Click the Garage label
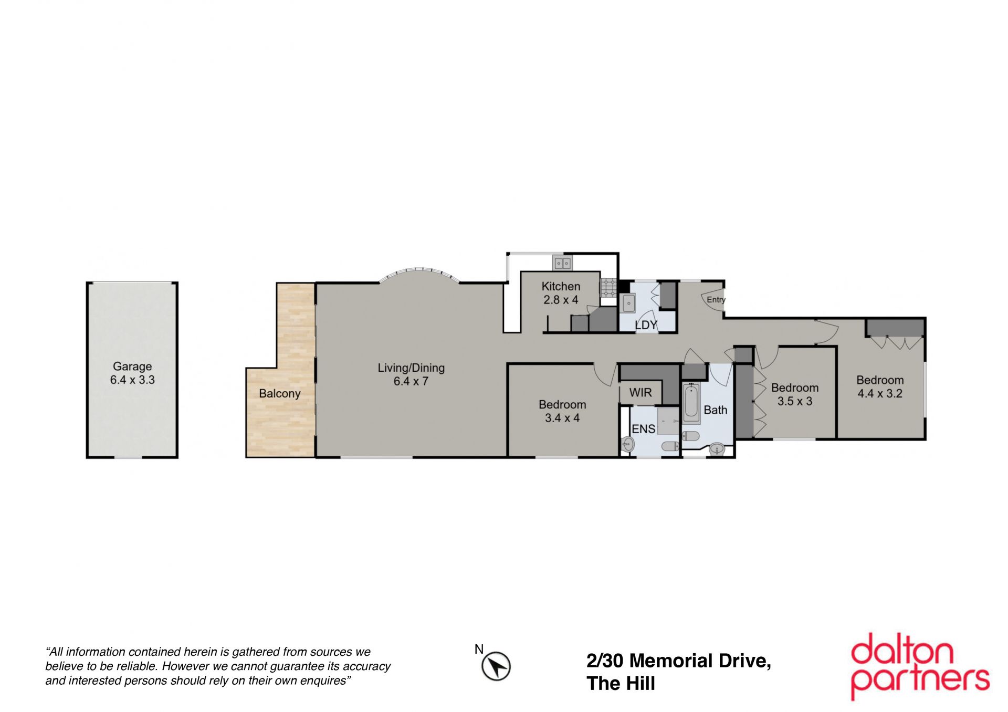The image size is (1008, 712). click(132, 367)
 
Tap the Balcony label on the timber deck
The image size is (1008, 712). click(279, 394)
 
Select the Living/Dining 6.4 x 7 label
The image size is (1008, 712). click(411, 374)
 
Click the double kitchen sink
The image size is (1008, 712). click(562, 263)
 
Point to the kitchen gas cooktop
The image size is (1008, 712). click(608, 288)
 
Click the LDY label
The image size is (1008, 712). click(646, 325)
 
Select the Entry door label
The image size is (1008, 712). click(716, 300)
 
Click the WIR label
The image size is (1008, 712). click(640, 392)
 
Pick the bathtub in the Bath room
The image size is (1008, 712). click(691, 403)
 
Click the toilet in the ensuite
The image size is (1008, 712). click(670, 446)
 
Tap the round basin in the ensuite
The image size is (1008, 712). click(627, 445)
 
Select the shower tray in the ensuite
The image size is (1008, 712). click(668, 420)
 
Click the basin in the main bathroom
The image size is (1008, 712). click(717, 449)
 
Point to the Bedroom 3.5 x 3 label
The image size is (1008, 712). click(795, 394)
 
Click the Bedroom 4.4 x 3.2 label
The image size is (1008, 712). click(880, 386)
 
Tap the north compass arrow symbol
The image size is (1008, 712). click(496, 667)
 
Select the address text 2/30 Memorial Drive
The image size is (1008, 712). click(679, 661)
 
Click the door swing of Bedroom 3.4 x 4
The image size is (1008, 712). click(605, 375)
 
